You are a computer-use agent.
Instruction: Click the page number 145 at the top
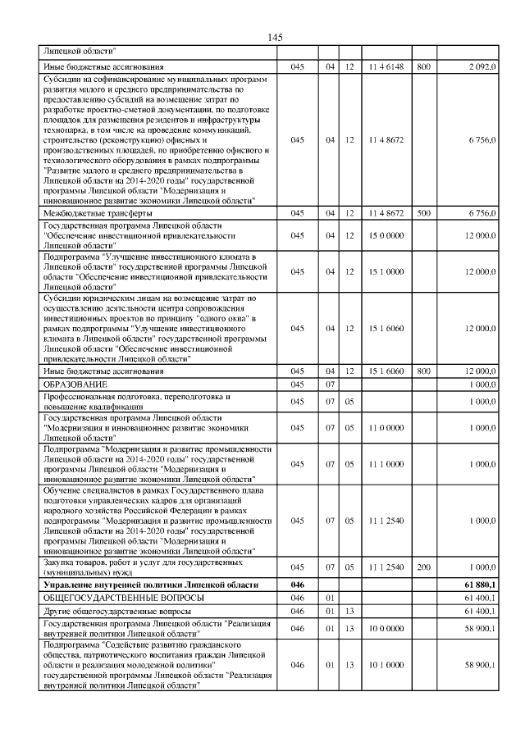pos(275,38)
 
